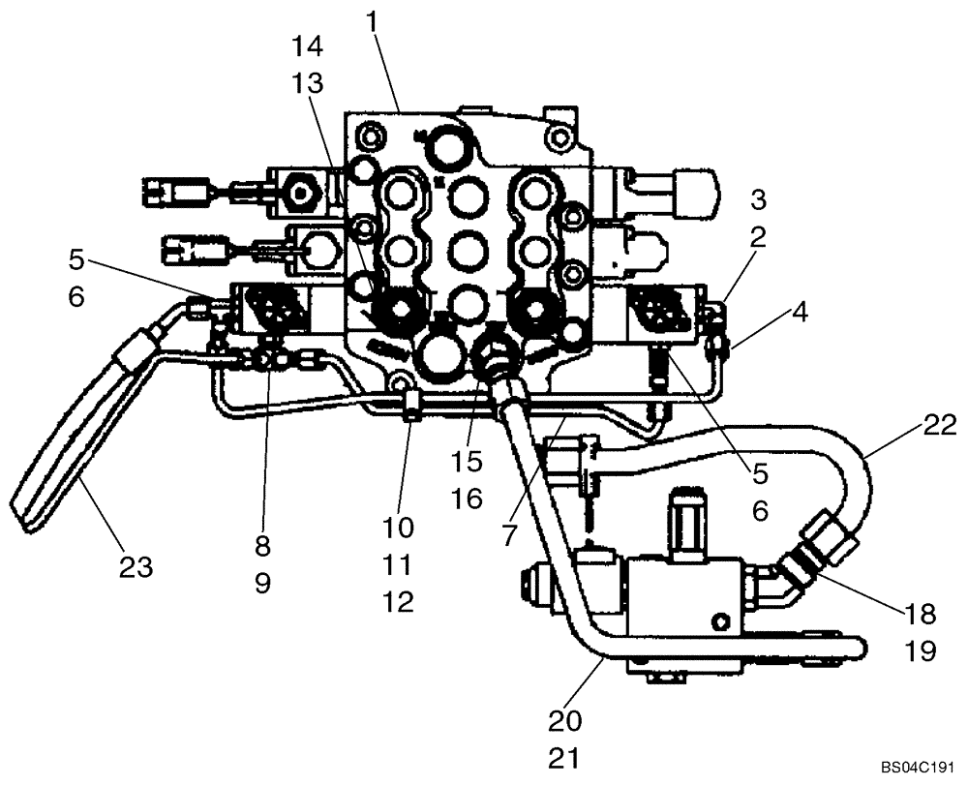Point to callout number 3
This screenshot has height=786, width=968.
click(x=758, y=200)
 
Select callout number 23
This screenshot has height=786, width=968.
click(x=136, y=567)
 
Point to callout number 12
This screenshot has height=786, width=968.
click(x=398, y=602)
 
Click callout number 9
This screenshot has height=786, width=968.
click(x=262, y=585)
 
